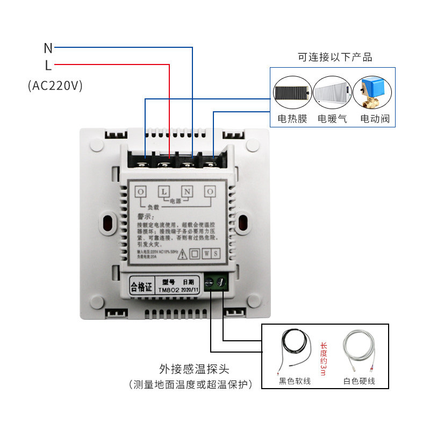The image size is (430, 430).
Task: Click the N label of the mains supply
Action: click(48, 48)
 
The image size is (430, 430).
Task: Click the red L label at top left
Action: click(48, 66)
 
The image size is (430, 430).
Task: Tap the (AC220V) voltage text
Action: click(55, 85)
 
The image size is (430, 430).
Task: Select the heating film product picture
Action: click(292, 94)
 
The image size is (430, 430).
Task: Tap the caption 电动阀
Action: click(375, 119)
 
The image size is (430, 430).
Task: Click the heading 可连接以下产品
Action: click(335, 57)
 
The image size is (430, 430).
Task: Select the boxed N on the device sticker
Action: click(187, 191)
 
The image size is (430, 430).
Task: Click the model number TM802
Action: click(169, 289)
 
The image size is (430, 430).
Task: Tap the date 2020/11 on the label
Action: click(190, 289)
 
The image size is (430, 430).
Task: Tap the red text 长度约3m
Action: click(323, 359)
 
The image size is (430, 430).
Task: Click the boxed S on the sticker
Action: click(215, 253)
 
